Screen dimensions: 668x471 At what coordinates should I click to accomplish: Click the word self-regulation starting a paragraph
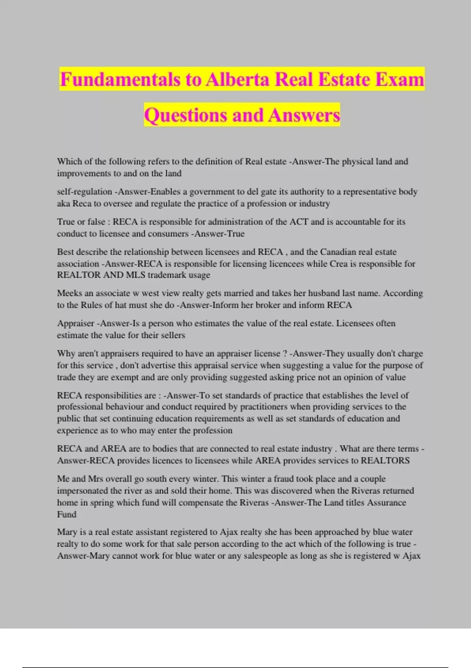coord(84,192)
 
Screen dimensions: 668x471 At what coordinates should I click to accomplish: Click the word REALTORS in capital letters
coord(385,461)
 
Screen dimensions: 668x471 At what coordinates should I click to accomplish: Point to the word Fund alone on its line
coord(67,514)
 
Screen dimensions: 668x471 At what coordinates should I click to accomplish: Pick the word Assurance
coord(387,503)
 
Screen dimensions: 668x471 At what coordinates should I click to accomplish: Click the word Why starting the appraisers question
coord(66,354)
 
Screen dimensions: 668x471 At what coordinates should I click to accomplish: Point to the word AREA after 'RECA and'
coord(114,449)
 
